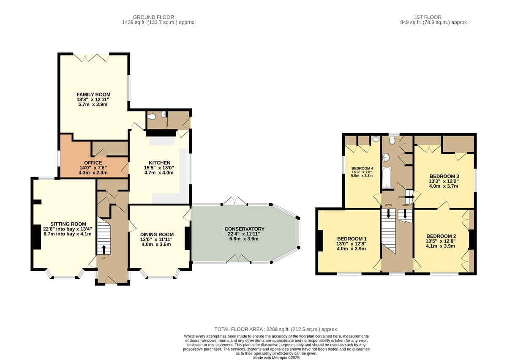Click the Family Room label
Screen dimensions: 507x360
click(x=93, y=95)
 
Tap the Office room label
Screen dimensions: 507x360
click(x=93, y=163)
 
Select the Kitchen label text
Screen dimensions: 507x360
click(x=160, y=163)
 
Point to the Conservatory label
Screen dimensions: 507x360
click(x=245, y=229)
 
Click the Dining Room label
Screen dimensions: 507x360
click(x=157, y=235)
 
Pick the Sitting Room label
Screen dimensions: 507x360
click(x=68, y=224)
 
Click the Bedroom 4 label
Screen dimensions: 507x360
click(x=362, y=169)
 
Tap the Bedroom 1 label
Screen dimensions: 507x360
click(x=352, y=239)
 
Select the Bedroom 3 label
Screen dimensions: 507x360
click(x=444, y=176)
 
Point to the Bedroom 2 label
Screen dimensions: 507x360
click(x=441, y=236)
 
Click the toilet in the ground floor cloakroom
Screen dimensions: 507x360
click(x=152, y=117)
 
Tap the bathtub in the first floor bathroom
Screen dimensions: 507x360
click(x=387, y=178)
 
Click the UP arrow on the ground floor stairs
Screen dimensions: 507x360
click(x=104, y=250)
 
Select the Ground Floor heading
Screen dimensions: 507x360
click(x=153, y=17)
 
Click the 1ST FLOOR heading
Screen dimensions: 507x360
click(x=427, y=17)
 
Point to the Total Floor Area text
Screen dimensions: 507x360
click(x=276, y=329)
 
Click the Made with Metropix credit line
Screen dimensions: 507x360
click(x=276, y=358)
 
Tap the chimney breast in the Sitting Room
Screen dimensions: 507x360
click(x=37, y=237)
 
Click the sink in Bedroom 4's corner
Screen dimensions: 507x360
click(x=376, y=139)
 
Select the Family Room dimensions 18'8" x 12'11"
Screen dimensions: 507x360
click(x=93, y=100)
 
